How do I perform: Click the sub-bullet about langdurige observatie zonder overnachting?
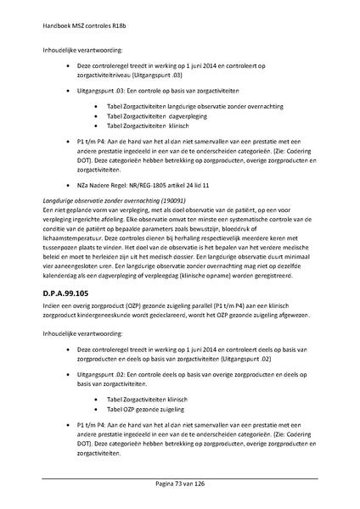click(191, 104)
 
